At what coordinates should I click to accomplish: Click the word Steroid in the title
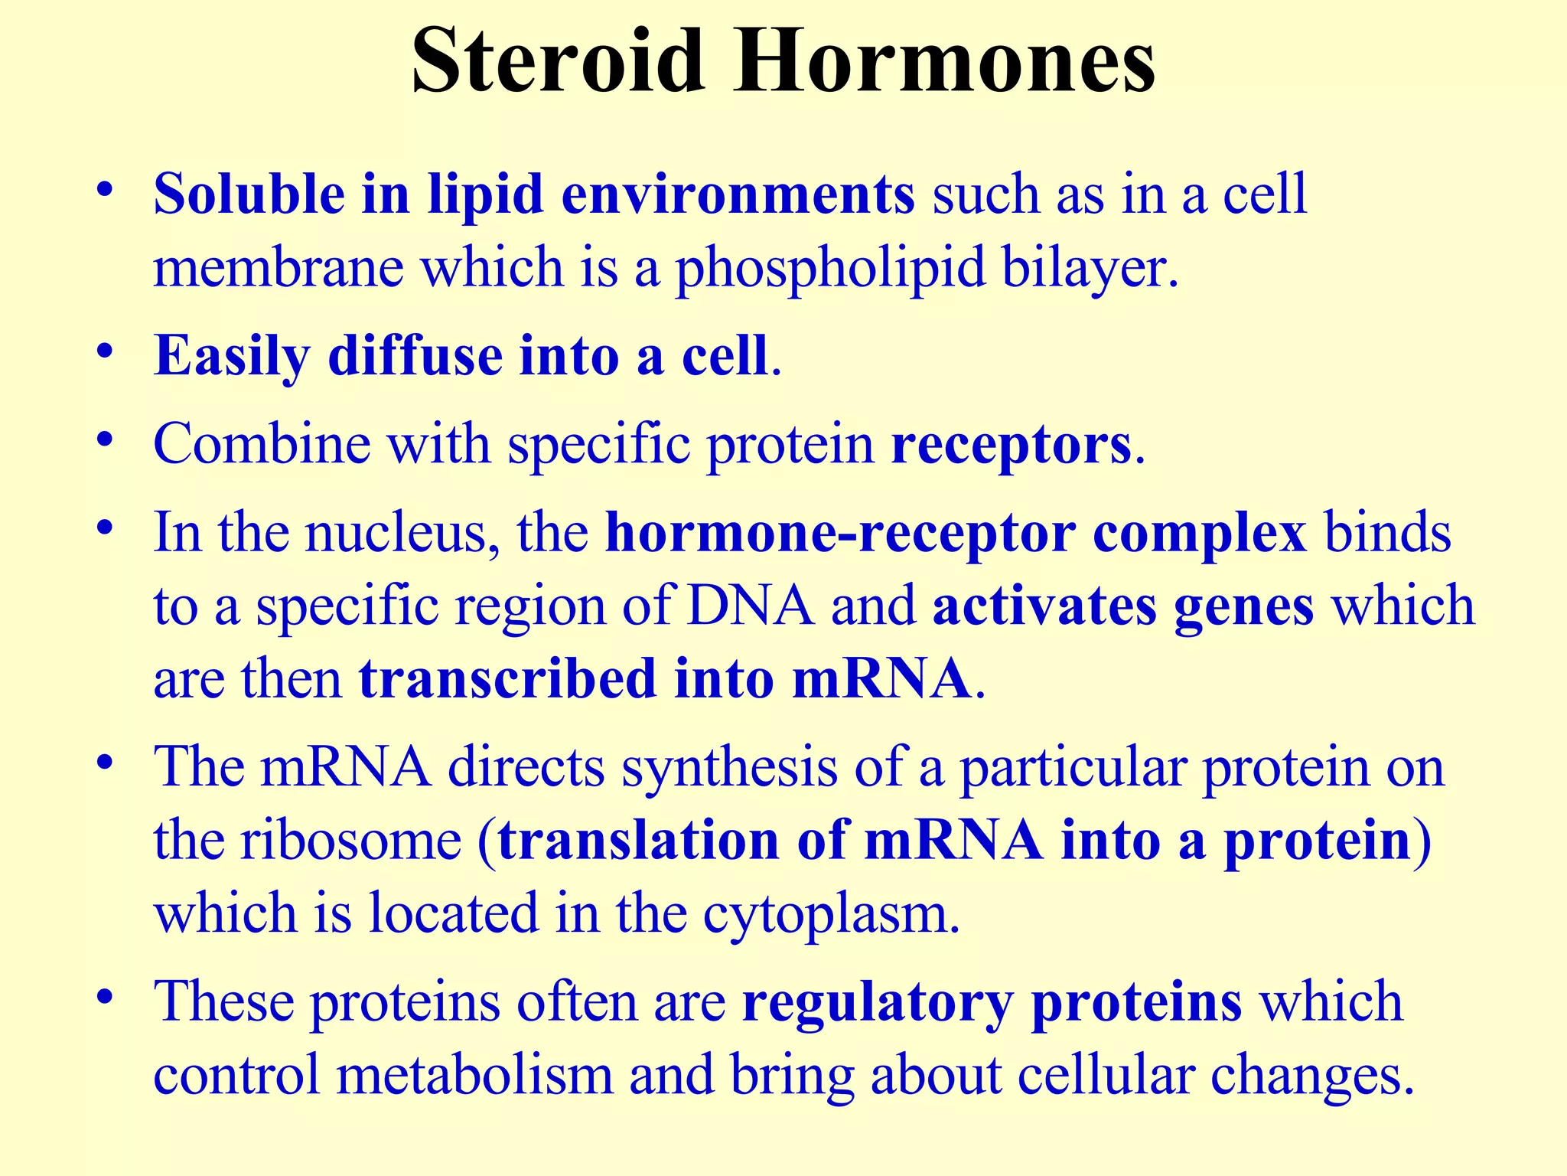point(557,61)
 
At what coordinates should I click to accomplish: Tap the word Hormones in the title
point(944,61)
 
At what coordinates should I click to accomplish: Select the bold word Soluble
point(249,194)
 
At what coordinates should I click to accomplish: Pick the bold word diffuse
point(415,357)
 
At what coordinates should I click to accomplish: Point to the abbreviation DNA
point(751,606)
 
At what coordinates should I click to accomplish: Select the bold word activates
point(1044,606)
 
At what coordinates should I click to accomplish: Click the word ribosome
point(351,840)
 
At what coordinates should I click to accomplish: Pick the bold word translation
point(639,840)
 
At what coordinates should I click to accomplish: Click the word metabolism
point(475,1075)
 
